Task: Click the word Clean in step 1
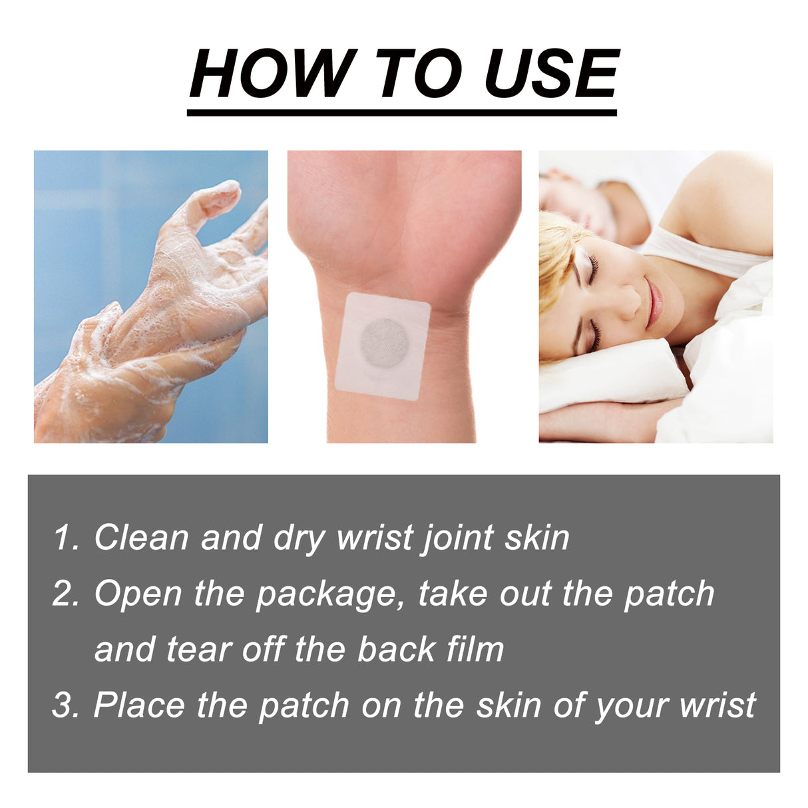[x=141, y=538]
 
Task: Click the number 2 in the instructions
[x=65, y=594]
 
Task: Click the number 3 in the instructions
[x=65, y=706]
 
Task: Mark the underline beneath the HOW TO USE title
[x=402, y=112]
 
